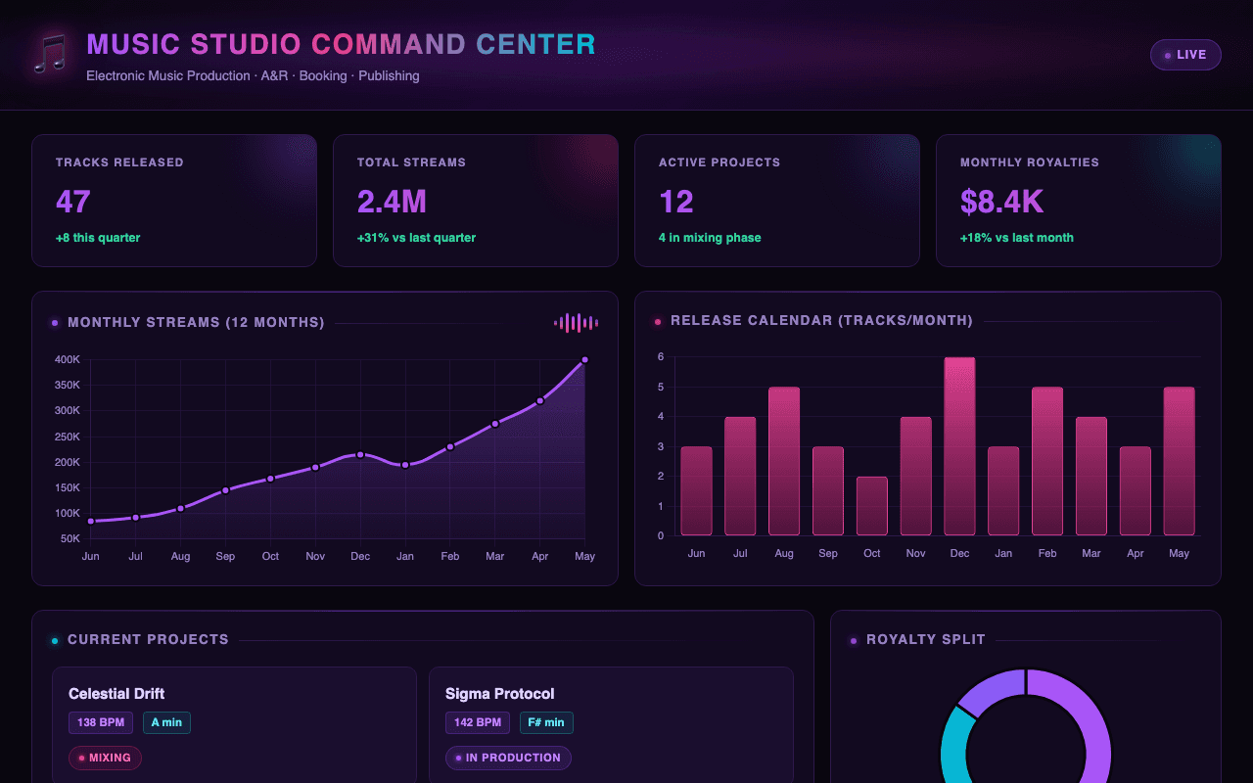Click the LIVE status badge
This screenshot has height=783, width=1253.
tap(1185, 55)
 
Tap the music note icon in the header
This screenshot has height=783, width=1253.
tap(50, 54)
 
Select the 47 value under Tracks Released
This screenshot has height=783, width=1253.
tap(72, 202)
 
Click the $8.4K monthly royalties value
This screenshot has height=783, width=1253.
tap(1001, 202)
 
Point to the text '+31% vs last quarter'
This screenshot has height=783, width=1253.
tap(416, 238)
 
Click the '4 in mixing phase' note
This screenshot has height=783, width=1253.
tap(710, 238)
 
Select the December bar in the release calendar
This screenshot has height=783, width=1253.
tap(959, 446)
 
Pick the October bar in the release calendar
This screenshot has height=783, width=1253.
tap(871, 506)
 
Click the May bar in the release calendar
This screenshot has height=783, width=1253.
tap(1180, 461)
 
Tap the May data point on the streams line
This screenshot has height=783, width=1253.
tap(584, 360)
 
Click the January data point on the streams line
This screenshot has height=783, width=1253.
tap(405, 465)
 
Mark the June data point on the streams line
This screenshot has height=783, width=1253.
tap(91, 522)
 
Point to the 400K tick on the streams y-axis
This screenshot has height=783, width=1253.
tap(68, 359)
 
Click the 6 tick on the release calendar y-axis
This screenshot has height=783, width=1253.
tap(661, 357)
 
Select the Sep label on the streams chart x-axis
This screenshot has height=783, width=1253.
tap(225, 557)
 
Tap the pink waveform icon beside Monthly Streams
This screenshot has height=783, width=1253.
tap(577, 323)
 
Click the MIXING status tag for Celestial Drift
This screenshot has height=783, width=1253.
tap(105, 758)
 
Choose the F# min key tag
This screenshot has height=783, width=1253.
tap(546, 722)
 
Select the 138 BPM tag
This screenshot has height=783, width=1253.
tap(101, 722)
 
